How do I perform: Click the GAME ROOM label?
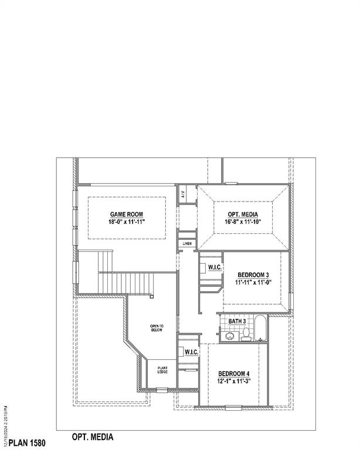(126, 214)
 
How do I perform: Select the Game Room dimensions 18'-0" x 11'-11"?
(126, 223)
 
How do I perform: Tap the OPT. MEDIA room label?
(242, 214)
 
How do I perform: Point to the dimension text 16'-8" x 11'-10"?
(242, 223)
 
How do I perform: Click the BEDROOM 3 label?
(253, 275)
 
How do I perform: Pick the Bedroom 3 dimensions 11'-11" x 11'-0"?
(253, 283)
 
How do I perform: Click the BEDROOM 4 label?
(234, 374)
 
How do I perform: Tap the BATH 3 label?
(237, 321)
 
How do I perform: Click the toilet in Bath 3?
(246, 335)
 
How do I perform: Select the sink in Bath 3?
(229, 336)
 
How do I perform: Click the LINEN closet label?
(187, 243)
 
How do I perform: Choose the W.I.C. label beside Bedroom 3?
(214, 268)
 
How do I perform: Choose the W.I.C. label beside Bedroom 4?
(191, 352)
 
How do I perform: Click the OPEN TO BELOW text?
(157, 328)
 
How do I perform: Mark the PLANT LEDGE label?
(162, 370)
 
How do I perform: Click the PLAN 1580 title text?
(28, 439)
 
